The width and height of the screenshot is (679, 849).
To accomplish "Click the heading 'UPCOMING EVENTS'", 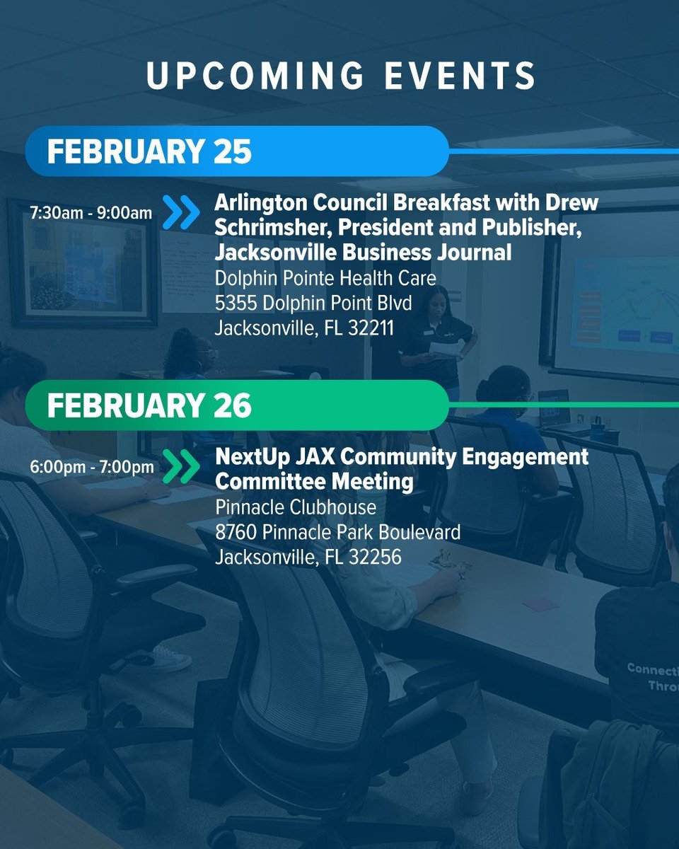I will tap(340, 76).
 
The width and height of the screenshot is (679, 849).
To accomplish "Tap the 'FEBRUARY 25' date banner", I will tap(149, 152).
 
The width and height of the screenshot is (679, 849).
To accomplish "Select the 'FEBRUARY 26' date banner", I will tap(149, 406).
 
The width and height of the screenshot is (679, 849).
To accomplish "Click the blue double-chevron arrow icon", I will tap(181, 212).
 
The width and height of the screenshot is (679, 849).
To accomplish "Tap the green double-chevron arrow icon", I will tap(181, 467).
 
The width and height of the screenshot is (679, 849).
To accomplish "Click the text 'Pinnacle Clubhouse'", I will tap(296, 507).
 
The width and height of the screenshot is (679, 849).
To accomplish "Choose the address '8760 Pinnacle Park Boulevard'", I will tap(337, 531).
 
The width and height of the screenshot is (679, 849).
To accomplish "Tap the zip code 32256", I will tap(373, 556).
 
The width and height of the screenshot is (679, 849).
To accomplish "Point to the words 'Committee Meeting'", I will tap(314, 482).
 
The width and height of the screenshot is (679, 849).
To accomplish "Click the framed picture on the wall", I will tap(82, 263).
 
